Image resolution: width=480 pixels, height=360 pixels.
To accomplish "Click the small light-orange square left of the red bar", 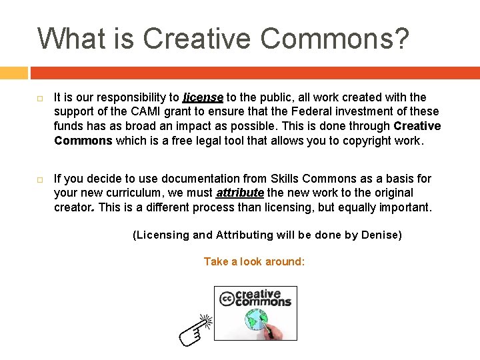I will (13, 73).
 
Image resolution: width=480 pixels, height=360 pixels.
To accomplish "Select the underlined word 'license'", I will (203, 97).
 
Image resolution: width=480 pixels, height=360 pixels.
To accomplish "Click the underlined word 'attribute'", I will (239, 193).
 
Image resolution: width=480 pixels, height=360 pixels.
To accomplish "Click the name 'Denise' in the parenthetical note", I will (380, 235).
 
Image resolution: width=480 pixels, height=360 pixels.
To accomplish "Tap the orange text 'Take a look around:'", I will (254, 261).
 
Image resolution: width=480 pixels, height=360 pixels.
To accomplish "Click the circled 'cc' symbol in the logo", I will (226, 298).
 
